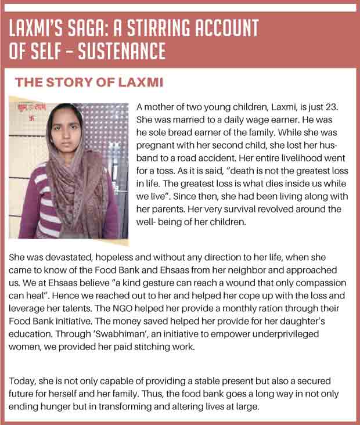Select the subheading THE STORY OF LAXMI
(x=89, y=82)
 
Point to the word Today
(x=22, y=381)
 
